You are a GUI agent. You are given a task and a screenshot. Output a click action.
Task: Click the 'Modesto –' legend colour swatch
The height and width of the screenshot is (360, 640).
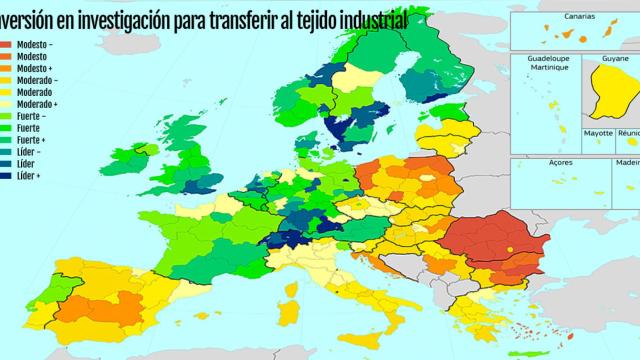pyautogui.click(x=7, y=45)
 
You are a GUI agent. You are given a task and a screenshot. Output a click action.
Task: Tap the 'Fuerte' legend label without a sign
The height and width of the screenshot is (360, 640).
pyautogui.click(x=30, y=128)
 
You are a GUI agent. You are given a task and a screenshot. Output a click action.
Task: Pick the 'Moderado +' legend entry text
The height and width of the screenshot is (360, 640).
pyautogui.click(x=37, y=104)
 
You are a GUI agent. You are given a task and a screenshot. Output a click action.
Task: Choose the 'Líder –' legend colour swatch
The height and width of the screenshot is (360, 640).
pyautogui.click(x=7, y=152)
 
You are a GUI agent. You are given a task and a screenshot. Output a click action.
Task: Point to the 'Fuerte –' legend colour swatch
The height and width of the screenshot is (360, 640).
pyautogui.click(x=7, y=116)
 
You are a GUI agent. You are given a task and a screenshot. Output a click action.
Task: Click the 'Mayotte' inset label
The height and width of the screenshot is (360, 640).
pyautogui.click(x=598, y=132)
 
